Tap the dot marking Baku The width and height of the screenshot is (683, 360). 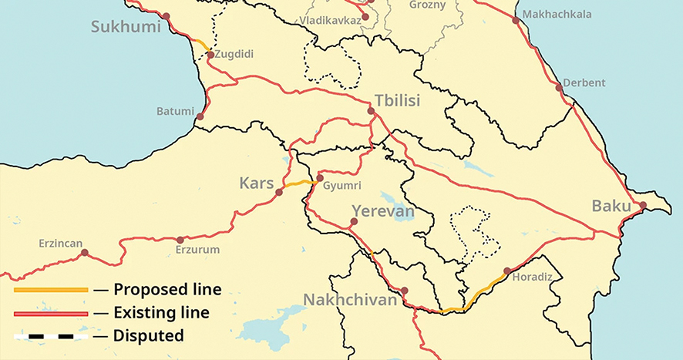641,205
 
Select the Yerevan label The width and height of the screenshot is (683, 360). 383,211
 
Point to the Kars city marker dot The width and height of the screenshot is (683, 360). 279,192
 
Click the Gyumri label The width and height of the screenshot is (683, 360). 342,187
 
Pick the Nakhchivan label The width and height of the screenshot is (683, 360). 350,299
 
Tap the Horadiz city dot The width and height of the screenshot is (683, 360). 506,271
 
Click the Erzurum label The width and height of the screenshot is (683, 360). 197,250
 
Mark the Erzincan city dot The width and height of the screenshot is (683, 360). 85,253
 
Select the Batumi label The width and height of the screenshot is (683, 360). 175,111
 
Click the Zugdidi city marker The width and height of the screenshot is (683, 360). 210,55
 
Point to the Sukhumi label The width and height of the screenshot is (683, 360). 125,28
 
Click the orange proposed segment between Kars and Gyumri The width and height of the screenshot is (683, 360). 297,184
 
